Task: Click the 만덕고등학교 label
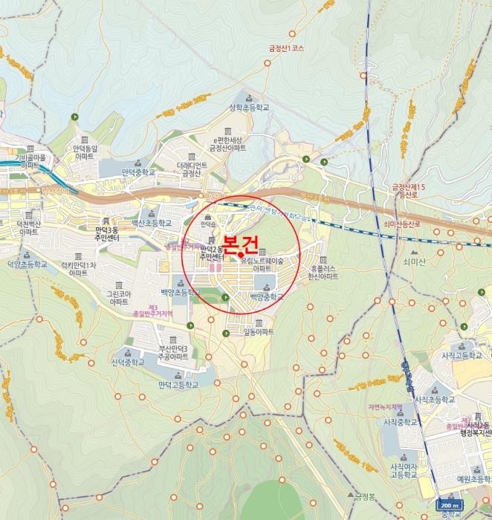[178, 385]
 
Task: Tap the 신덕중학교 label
[127, 362]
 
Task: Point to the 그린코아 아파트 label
[119, 298]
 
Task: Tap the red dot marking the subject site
[241, 255]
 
